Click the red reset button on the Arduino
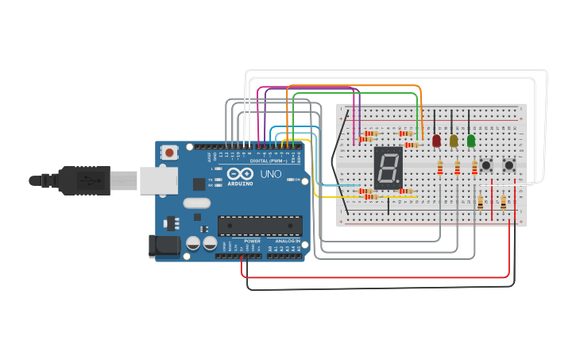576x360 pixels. [169, 152]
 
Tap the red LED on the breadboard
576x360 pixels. [436, 141]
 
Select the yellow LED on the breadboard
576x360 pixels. [454, 141]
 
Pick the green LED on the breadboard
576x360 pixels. [471, 141]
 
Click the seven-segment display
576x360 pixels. [387, 168]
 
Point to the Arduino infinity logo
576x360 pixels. [240, 174]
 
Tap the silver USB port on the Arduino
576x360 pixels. [158, 180]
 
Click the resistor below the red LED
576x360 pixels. [440, 167]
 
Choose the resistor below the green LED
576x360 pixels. [475, 167]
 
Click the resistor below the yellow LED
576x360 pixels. [458, 167]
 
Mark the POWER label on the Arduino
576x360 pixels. [252, 241]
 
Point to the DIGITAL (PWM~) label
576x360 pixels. [266, 161]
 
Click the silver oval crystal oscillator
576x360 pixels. [196, 203]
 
